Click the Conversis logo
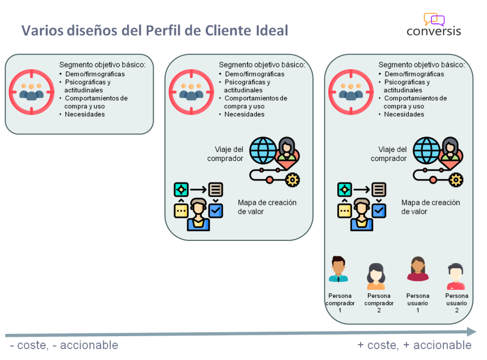pyautogui.click(x=434, y=24)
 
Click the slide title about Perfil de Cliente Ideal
pyautogui.click(x=155, y=30)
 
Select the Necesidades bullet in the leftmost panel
pyautogui.click(x=84, y=114)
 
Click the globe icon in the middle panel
pyautogui.click(x=265, y=151)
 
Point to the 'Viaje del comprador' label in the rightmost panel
pyautogui.click(x=389, y=154)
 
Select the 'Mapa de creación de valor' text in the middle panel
pyautogui.click(x=266, y=207)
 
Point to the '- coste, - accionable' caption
pyautogui.click(x=64, y=345)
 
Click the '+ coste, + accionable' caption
pyautogui.click(x=414, y=345)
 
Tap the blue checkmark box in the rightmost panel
pyautogui.click(x=379, y=211)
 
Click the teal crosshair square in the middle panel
pyautogui.click(x=181, y=189)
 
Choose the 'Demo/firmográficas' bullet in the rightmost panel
pyautogui.click(x=414, y=74)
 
